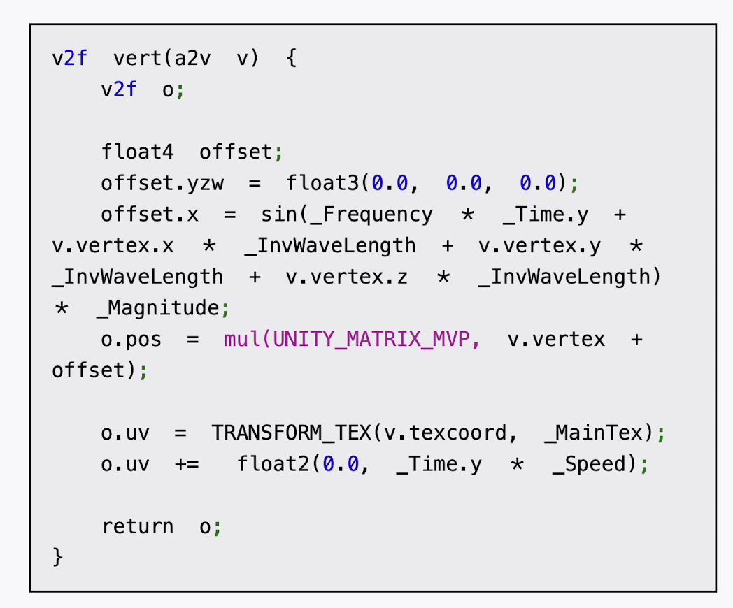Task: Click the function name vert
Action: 137,58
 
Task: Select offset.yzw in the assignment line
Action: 162,183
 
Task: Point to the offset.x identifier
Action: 150,215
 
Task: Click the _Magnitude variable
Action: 157,308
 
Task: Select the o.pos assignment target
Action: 131,340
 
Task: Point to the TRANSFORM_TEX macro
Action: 292,433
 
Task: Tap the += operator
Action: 187,465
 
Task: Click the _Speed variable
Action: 593,465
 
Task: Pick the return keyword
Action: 138,526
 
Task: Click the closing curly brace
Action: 58,558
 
